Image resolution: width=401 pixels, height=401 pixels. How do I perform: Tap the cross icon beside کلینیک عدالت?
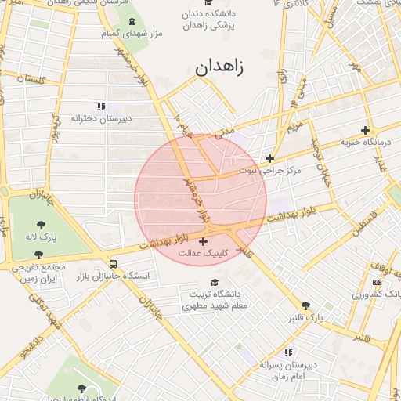204,241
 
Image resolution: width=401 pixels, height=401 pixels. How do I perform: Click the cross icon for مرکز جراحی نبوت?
269,158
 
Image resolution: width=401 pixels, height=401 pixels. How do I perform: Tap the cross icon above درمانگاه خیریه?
365,130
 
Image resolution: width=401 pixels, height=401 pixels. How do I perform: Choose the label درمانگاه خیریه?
364,143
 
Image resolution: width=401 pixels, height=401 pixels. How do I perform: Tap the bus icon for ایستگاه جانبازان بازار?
114,264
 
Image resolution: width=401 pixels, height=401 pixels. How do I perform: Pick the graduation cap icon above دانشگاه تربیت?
215,282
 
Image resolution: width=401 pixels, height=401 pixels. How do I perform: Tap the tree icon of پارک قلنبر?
305,306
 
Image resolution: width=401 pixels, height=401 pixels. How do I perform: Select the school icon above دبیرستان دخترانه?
101,106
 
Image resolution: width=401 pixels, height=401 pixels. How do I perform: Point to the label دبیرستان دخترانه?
101,118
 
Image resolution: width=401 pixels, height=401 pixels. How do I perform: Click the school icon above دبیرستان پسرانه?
288,353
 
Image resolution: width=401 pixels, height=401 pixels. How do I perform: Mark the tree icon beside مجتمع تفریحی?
39,255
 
